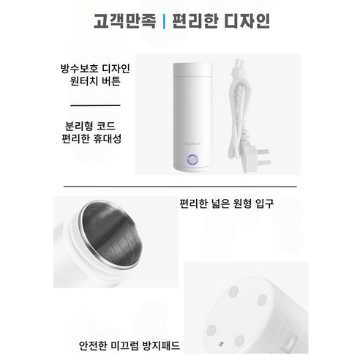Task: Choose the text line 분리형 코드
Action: pos(97,124)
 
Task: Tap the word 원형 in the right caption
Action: pos(246,203)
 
